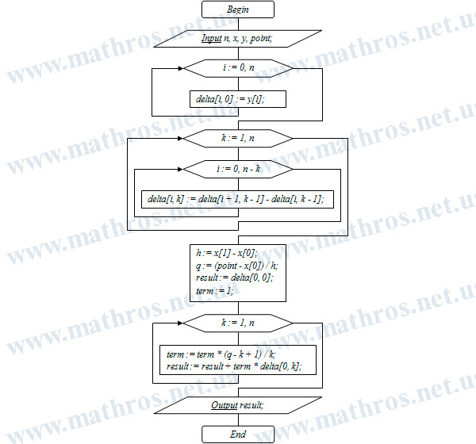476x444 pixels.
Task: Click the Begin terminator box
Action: (238, 10)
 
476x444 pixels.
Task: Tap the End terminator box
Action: (238, 434)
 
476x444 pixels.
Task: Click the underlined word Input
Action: (211, 38)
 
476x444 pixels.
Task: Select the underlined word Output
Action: (225, 405)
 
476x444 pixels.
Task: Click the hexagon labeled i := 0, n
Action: (238, 68)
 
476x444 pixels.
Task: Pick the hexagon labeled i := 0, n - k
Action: (238, 169)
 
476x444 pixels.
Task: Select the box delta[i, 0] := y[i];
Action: (238, 99)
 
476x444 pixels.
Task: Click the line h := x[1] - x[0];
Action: (227, 253)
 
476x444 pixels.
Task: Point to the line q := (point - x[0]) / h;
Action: (236, 266)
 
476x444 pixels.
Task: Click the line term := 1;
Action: (215, 291)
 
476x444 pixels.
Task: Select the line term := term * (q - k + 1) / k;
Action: (221, 354)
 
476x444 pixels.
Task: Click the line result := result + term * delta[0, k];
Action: (234, 366)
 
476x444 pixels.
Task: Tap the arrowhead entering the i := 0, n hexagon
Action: (181, 69)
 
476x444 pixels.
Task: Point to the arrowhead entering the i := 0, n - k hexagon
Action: (181, 169)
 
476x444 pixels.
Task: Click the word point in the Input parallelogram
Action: (261, 39)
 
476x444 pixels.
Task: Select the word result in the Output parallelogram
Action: (251, 405)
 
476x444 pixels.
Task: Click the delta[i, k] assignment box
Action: (238, 199)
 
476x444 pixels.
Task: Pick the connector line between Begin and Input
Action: (238, 24)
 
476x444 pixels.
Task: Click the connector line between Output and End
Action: (238, 419)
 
